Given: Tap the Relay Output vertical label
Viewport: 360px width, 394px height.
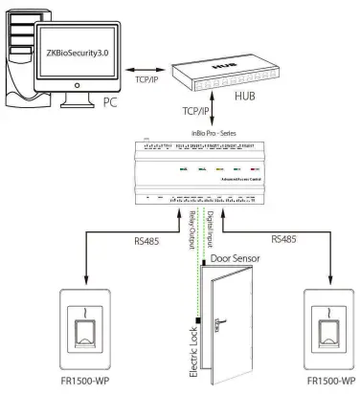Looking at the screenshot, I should point(191,228).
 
